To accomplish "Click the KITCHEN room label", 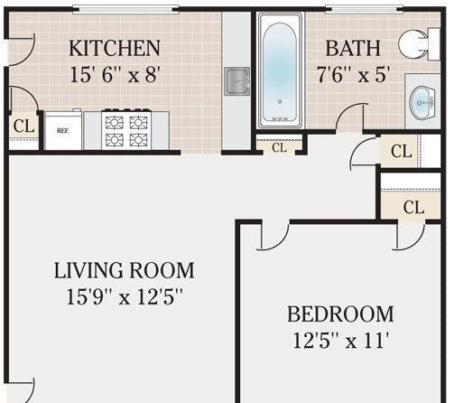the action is coord(115,48).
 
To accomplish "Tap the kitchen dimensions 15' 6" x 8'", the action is coord(115,74).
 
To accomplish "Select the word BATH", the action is coord(353,48).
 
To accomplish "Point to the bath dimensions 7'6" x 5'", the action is coord(353,74).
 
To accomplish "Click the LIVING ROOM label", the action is coord(124,270).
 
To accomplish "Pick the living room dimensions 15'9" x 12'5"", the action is coord(125,296).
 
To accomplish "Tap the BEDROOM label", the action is coord(340,314).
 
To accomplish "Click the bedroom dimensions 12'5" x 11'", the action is coord(341,341).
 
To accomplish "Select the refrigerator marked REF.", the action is coord(63,130).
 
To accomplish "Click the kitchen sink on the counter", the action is coord(237,81).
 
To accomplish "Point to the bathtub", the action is coord(280,70).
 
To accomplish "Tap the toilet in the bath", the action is coord(419,44).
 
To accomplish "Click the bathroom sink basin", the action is coord(422,103).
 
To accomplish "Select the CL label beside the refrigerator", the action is coord(23,127).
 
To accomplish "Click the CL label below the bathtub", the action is coord(279,147).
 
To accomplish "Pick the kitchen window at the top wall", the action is coord(125,10).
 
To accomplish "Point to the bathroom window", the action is coord(364,10).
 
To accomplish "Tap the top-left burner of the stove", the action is coord(114,123).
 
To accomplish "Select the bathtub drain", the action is coord(280,102).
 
